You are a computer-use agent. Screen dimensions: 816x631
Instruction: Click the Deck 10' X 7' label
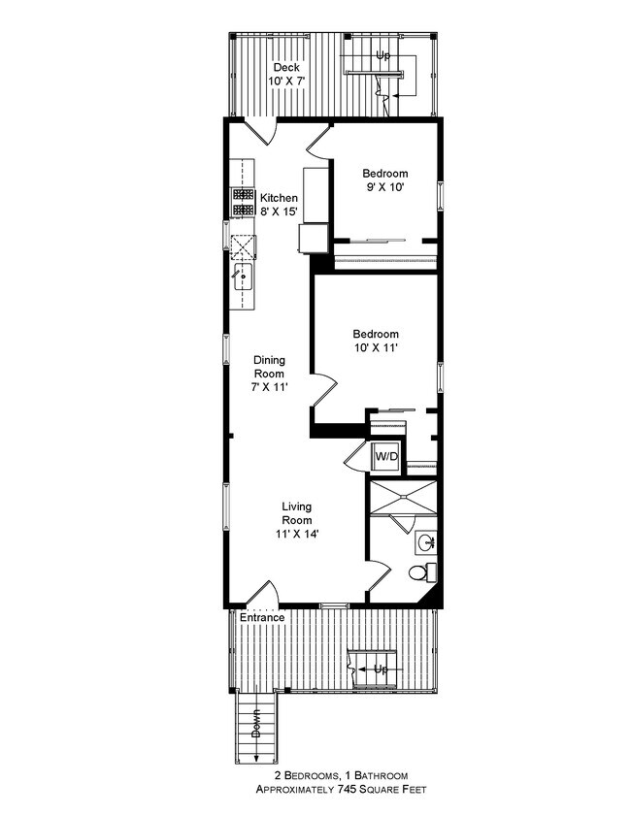click(285, 74)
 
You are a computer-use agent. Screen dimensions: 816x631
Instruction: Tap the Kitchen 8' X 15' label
click(280, 204)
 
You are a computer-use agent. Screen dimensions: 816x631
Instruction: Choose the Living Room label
click(297, 519)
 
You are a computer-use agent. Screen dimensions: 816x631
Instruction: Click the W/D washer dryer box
click(386, 456)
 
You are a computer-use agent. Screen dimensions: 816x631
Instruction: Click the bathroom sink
click(425, 541)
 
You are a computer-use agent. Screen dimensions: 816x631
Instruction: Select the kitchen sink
click(243, 278)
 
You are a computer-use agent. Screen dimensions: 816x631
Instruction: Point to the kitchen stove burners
click(243, 200)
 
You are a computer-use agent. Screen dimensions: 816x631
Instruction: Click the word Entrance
click(263, 617)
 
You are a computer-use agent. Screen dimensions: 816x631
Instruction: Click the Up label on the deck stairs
click(384, 56)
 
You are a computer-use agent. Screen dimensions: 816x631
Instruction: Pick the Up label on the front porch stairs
click(381, 669)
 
